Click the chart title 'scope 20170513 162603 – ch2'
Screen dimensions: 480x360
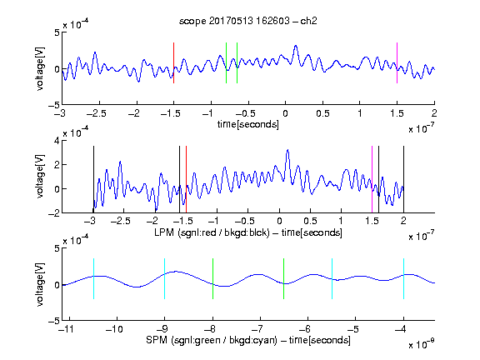(248, 21)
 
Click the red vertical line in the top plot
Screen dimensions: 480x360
(173, 62)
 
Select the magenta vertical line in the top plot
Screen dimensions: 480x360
(397, 62)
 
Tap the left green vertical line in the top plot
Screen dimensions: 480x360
(226, 62)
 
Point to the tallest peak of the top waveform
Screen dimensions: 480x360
(295, 46)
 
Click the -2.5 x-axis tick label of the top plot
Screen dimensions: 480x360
(97, 113)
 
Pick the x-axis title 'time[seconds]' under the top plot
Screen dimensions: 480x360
(248, 124)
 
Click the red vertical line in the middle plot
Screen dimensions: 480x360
(186, 179)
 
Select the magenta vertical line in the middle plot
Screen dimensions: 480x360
(372, 179)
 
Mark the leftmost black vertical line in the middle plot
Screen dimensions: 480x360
(93, 179)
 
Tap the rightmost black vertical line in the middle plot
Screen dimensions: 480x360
(403, 179)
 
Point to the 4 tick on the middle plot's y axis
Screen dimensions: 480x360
(57, 141)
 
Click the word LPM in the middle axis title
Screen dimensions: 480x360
(164, 232)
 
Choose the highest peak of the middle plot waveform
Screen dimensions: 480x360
(287, 150)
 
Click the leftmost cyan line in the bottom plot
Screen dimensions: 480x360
(93, 278)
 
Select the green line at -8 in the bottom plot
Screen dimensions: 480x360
(212, 278)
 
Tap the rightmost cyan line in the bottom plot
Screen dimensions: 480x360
(403, 278)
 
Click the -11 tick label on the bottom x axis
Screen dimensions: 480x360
(67, 329)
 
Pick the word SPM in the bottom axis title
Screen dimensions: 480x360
(157, 340)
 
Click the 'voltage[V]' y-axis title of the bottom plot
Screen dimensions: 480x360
(40, 284)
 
